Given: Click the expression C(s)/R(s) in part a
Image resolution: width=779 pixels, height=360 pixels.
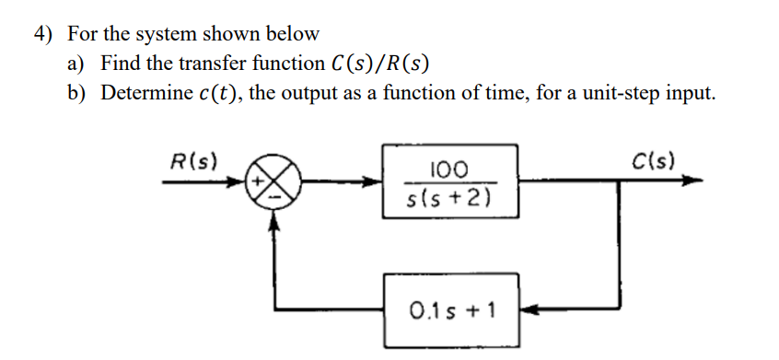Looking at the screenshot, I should click(x=378, y=64).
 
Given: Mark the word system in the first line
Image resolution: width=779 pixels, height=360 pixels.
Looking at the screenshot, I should click(x=170, y=35).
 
